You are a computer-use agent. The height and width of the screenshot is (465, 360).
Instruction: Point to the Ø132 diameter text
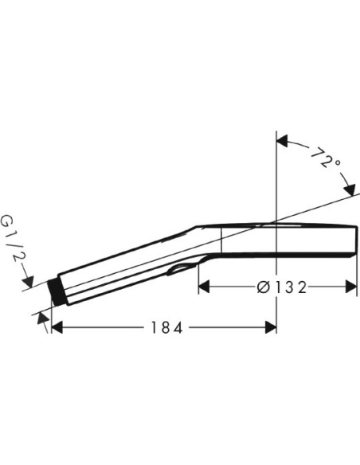280,287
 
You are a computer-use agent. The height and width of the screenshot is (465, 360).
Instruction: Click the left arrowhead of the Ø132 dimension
204,287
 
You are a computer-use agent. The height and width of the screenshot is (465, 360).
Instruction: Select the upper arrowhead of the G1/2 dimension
29,281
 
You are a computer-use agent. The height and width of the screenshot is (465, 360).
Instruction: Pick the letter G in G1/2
10,221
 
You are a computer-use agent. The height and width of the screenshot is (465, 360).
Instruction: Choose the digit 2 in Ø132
301,287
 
